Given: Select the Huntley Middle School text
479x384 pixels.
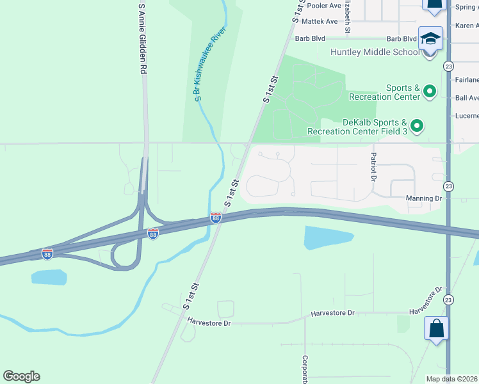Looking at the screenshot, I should click(375, 52).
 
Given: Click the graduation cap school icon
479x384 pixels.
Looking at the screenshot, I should click(430, 38).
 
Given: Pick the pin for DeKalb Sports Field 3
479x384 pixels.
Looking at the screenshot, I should click(417, 126).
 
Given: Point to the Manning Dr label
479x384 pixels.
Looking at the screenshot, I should click(424, 198).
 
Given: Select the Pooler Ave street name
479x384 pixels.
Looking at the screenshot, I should click(323, 6).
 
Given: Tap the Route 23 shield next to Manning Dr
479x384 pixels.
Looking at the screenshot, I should click(448, 186).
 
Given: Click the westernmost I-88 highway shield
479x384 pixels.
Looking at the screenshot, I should click(47, 254).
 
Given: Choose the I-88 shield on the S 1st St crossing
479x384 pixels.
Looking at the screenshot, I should click(216, 218).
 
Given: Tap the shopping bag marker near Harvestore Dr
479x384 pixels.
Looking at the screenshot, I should click(436, 329).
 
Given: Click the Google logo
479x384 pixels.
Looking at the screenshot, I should click(21, 376).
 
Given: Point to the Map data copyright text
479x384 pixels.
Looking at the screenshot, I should click(452, 379).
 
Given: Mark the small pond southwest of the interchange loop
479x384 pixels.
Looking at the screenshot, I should click(49, 277).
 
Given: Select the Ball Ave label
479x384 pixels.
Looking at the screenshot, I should click(466, 98).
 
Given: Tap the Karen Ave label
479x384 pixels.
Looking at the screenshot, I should click(467, 26).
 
